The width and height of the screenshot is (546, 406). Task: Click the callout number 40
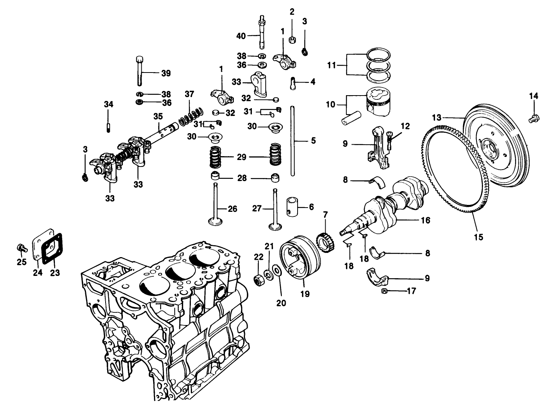[241, 36]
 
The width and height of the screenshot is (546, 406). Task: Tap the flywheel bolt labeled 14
[532, 119]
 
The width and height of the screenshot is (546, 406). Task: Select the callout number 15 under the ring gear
[478, 237]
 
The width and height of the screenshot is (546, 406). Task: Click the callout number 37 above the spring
[189, 94]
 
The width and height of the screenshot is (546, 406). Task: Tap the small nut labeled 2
[292, 40]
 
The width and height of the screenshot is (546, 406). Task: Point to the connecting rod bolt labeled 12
[390, 141]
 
